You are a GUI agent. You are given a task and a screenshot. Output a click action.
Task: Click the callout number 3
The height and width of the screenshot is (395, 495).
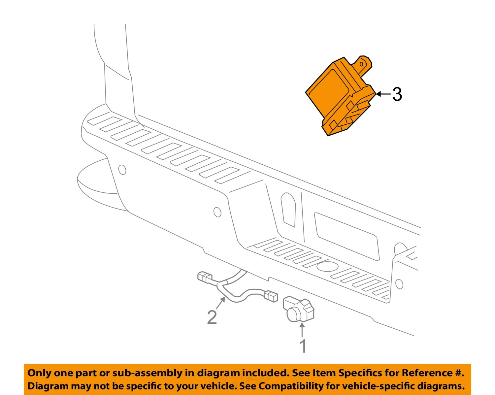click(x=397, y=94)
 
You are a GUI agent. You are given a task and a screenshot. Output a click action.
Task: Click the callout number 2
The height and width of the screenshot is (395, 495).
click(x=212, y=317)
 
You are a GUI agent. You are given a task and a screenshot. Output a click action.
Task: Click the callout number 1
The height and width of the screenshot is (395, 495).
click(x=303, y=346)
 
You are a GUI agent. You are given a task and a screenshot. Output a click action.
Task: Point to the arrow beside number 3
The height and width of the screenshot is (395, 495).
click(x=383, y=94)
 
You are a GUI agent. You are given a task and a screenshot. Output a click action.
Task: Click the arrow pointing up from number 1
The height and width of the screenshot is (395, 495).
click(x=302, y=330)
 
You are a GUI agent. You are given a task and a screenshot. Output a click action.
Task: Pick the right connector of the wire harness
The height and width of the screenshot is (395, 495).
click(x=271, y=296)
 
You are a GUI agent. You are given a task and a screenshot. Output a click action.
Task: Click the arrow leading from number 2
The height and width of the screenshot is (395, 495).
click(x=221, y=303)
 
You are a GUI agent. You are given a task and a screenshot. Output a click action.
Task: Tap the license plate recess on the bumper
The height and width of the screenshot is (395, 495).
click(x=346, y=236)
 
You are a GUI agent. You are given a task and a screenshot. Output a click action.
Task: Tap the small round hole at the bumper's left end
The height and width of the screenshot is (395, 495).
click(x=122, y=170)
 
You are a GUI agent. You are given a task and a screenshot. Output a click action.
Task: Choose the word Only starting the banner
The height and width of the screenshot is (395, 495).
click(x=39, y=373)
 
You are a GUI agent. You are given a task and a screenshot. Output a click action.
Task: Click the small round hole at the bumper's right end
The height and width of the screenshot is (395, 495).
click(x=399, y=283)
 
